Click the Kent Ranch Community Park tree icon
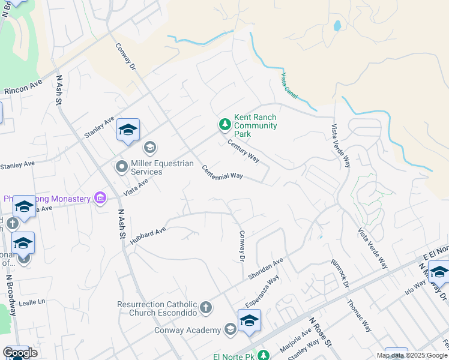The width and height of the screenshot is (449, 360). [224, 125]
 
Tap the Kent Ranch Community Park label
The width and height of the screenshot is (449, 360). [255, 126]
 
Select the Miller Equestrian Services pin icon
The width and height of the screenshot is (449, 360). [122, 167]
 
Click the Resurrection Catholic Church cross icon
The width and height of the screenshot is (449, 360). [205, 308]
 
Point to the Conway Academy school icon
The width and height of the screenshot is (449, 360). [230, 329]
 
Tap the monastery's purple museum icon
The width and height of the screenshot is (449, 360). [100, 198]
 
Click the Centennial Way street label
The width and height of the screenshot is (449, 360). [222, 172]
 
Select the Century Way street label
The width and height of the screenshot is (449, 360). [243, 151]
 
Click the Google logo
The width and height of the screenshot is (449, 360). [20, 353]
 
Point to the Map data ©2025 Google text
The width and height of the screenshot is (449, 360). [412, 355]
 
